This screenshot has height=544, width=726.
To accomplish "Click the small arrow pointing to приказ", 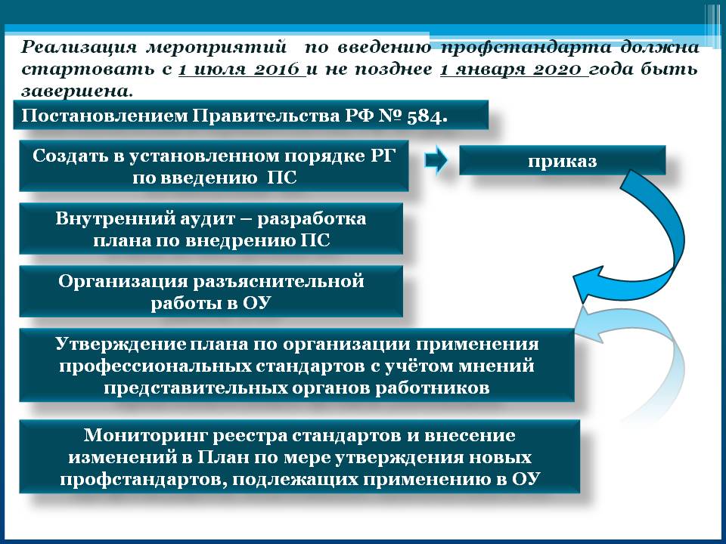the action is [436, 160].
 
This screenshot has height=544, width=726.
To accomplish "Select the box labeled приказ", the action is [562, 160].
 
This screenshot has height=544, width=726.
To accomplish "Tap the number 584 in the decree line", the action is [424, 116].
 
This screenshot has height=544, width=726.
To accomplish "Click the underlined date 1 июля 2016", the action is [241, 70].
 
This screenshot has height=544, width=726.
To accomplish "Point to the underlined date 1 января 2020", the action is [514, 70].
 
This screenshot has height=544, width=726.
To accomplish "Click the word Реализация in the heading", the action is [79, 48].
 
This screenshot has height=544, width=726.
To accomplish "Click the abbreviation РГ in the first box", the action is [383, 156].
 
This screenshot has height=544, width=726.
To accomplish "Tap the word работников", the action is [433, 388].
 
